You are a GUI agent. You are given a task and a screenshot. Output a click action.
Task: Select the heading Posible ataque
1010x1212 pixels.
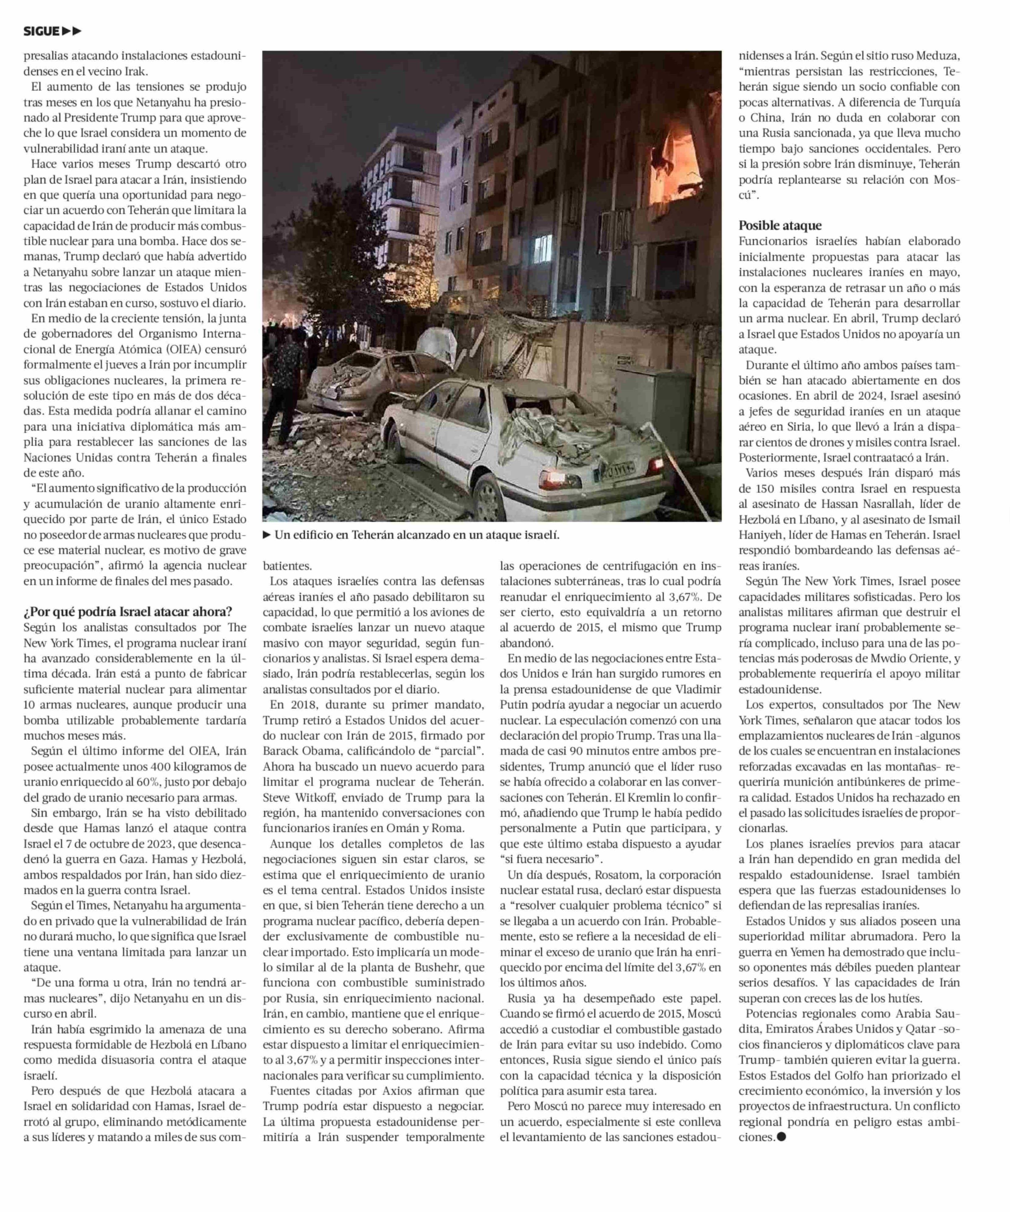click(x=780, y=226)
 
